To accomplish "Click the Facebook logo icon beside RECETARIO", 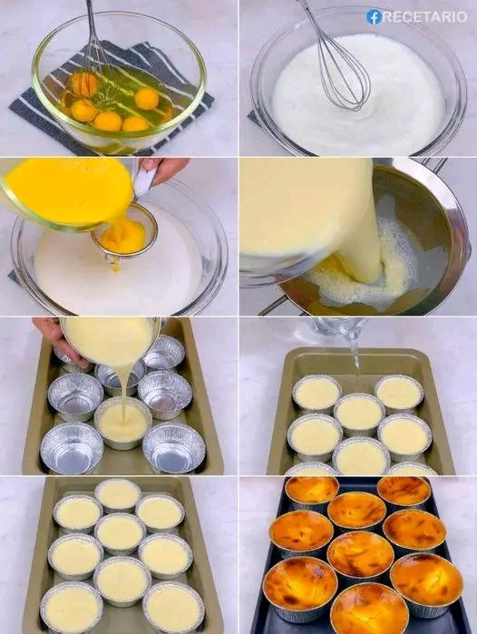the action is pyautogui.click(x=374, y=17).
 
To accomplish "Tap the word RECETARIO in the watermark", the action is pyautogui.click(x=424, y=17).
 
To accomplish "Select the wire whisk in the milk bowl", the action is pyautogui.click(x=337, y=61).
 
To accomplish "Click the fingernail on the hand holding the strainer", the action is pyautogui.click(x=149, y=163).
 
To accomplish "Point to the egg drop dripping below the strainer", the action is pyautogui.click(x=116, y=267).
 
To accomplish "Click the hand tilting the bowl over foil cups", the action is pyautogui.click(x=56, y=339).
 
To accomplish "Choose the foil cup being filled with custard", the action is pyautogui.click(x=123, y=423).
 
